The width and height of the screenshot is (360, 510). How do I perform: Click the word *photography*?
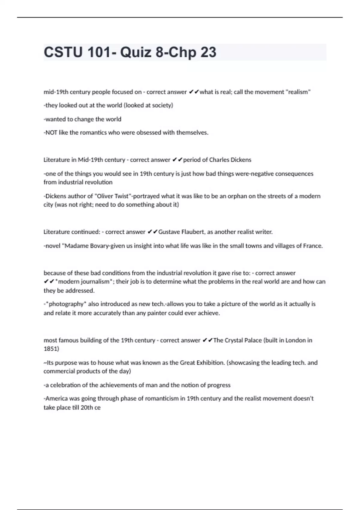coord(66,304)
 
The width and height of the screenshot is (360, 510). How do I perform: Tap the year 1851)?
coord(51,349)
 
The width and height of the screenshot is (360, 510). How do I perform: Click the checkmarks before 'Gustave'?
coord(152,232)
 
